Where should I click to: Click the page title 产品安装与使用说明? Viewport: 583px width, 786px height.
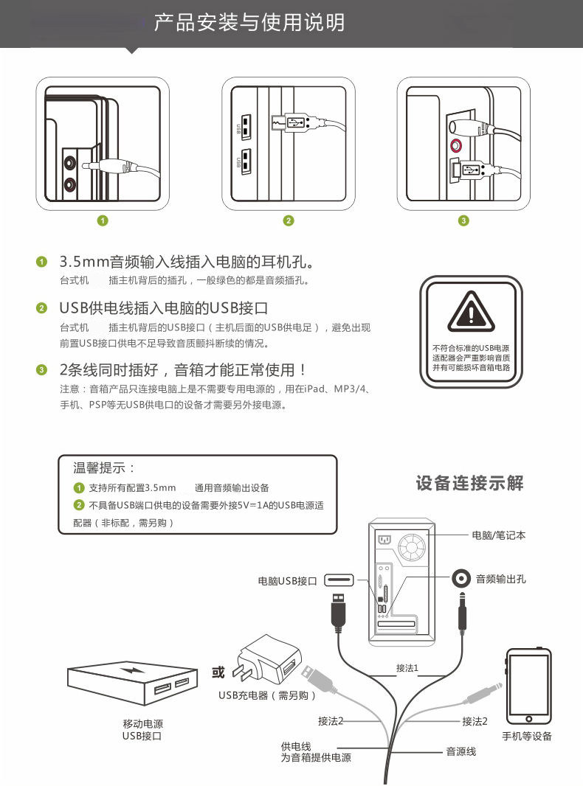pyautogui.click(x=249, y=23)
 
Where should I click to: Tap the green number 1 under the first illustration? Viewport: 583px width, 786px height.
pyautogui.click(x=103, y=220)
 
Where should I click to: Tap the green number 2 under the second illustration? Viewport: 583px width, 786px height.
pyautogui.click(x=289, y=220)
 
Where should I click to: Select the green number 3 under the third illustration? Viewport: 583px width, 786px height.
pyautogui.click(x=463, y=220)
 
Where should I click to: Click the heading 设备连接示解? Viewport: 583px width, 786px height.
pyautogui.click(x=469, y=484)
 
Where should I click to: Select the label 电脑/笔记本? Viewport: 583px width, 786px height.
pyautogui.click(x=498, y=535)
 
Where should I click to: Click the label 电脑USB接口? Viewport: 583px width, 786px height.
pyautogui.click(x=287, y=581)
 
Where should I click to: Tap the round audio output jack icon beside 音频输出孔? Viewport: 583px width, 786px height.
pyautogui.click(x=462, y=579)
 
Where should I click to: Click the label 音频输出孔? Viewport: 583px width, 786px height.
pyautogui.click(x=501, y=580)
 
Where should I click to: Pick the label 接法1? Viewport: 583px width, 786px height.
pyautogui.click(x=407, y=668)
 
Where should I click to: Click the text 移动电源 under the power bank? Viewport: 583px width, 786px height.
pyautogui.click(x=142, y=724)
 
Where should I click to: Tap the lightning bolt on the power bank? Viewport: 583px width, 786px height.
pyautogui.click(x=135, y=671)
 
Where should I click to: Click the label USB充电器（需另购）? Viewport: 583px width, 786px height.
pyautogui.click(x=267, y=695)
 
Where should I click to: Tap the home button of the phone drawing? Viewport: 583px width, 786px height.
pyautogui.click(x=528, y=717)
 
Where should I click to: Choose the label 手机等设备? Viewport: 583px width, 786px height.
pyautogui.click(x=527, y=736)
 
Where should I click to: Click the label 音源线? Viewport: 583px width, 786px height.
pyautogui.click(x=461, y=751)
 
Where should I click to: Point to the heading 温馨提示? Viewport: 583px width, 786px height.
pyautogui.click(x=104, y=468)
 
